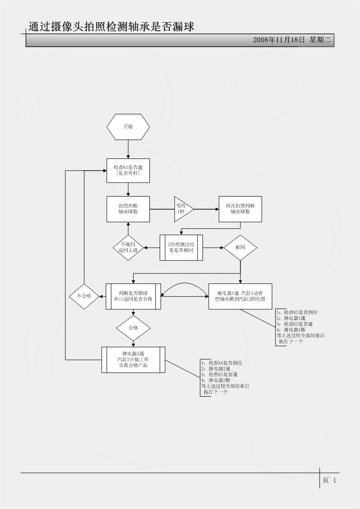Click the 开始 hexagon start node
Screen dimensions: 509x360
129,126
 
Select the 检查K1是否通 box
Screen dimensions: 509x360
129,170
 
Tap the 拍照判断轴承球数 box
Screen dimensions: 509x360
129,209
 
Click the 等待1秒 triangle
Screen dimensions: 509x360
182,209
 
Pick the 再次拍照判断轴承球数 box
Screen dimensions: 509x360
240,209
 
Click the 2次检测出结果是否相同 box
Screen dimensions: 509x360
181,247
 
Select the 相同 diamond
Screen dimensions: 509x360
240,247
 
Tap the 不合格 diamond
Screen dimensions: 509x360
84,296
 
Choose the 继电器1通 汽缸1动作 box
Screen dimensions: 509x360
240,296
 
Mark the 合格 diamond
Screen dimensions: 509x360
133,327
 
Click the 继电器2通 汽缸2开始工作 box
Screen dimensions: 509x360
133,360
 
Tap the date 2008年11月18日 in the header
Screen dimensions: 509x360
279,40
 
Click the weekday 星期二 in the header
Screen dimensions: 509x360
321,40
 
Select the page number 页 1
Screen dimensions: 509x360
329,480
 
